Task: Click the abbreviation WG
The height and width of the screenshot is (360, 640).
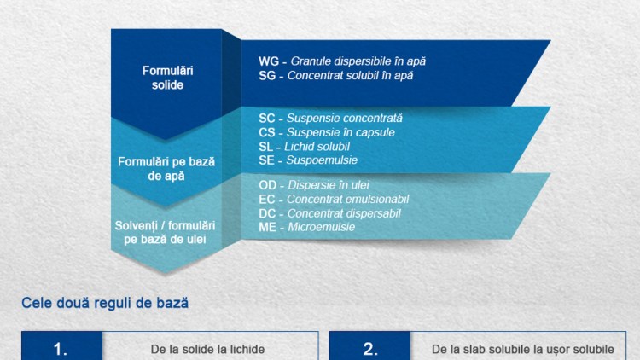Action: [x=269, y=61]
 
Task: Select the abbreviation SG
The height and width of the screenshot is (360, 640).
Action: [x=267, y=76]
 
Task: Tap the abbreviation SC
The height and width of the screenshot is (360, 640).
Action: [x=266, y=119]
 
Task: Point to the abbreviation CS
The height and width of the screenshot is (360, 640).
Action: [x=266, y=132]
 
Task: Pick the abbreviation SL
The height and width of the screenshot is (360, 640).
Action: [x=265, y=147]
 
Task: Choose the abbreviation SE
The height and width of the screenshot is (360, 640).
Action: [x=266, y=160]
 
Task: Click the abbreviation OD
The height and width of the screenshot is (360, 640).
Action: [x=268, y=185]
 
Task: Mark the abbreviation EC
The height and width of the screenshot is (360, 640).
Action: [x=267, y=200]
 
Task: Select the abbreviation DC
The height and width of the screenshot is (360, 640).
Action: [x=267, y=213]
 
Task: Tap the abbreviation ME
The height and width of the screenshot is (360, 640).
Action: [x=267, y=228]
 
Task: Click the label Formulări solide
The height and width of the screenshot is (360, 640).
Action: [x=168, y=78]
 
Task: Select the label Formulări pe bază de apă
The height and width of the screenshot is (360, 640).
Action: [x=166, y=169]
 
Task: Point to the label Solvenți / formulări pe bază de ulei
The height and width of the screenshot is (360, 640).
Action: [x=165, y=232]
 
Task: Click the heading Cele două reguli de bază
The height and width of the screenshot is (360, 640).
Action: [x=105, y=303]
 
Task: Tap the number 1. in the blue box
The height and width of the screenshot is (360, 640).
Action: [x=61, y=350]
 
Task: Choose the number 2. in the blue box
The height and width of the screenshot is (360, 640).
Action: [x=370, y=350]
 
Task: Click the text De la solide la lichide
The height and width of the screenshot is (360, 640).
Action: [x=207, y=350]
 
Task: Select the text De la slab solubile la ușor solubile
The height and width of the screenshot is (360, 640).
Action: [x=523, y=350]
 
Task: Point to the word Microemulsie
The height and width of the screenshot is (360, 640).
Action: [x=322, y=228]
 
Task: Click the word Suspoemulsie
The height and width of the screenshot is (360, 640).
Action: [x=322, y=160]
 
